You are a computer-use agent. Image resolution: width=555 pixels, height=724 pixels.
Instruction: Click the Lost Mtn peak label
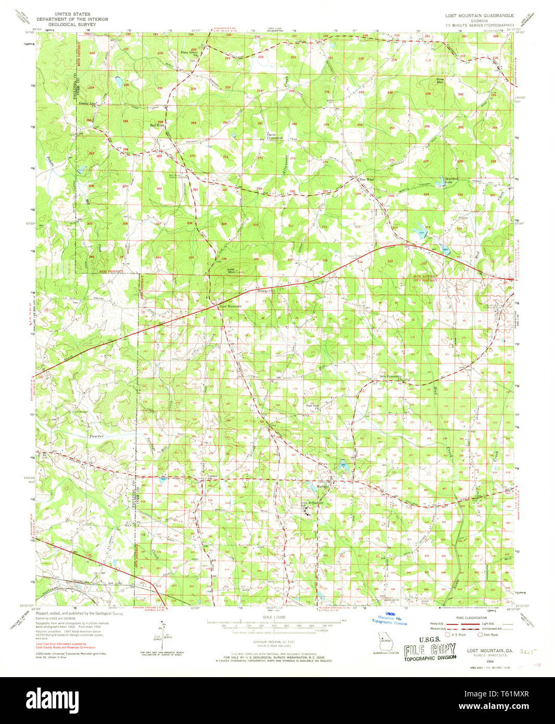tap(231, 270)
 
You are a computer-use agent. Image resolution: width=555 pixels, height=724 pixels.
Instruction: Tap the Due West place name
tap(367, 179)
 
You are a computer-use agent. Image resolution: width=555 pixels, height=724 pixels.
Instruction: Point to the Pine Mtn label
tap(440, 81)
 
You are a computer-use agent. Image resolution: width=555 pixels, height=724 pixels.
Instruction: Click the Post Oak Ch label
tap(312, 406)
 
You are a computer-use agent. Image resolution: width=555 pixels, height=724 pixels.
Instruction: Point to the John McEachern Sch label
tap(311, 504)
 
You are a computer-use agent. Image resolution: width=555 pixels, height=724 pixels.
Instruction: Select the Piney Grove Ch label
tap(189, 53)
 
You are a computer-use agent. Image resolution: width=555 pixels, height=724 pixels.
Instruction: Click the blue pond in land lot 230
tap(119, 82)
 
